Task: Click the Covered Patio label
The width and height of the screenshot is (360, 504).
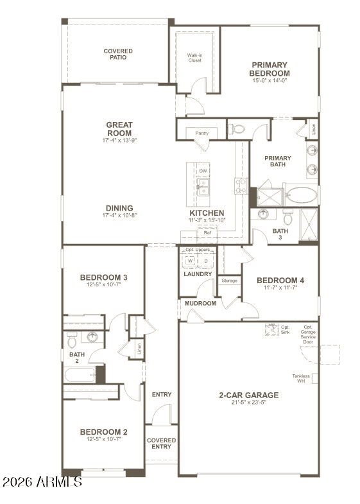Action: [x=118, y=54]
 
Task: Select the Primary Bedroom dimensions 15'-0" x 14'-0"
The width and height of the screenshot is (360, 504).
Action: [x=270, y=81]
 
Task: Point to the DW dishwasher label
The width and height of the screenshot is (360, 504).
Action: [x=203, y=171]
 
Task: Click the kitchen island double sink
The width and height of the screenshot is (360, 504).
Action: [x=203, y=187]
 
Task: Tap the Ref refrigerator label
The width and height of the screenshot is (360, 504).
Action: [x=207, y=232]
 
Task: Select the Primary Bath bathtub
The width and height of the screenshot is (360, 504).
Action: [x=301, y=195]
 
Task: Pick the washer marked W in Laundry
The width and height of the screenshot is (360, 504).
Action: [x=190, y=261]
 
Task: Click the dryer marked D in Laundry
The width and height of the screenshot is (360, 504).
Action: [x=205, y=261]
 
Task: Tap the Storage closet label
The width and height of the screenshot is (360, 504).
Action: [x=229, y=281]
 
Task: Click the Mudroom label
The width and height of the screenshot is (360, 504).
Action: [x=200, y=303]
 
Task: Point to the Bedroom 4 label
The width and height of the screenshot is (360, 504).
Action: [x=280, y=281]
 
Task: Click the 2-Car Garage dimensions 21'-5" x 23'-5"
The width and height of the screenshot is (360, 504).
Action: [x=248, y=404]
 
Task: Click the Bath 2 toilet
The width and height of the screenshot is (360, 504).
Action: [x=72, y=340]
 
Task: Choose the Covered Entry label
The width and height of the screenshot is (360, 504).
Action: [x=161, y=443]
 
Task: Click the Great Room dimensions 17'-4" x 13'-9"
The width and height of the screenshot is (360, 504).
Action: [x=119, y=140]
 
